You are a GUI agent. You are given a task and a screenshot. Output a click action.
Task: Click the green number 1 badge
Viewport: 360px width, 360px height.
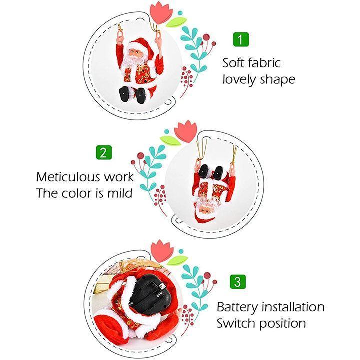point(240,39)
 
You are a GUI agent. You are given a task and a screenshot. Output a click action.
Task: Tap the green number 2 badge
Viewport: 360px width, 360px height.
point(103,153)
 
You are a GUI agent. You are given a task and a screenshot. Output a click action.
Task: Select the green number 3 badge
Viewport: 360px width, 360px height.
point(238,281)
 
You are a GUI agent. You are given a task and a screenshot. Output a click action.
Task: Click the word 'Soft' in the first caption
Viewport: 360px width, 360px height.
point(236,63)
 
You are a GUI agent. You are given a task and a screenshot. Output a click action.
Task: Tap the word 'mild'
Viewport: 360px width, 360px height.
point(121,193)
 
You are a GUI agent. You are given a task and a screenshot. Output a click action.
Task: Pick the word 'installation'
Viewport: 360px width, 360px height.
point(293,307)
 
